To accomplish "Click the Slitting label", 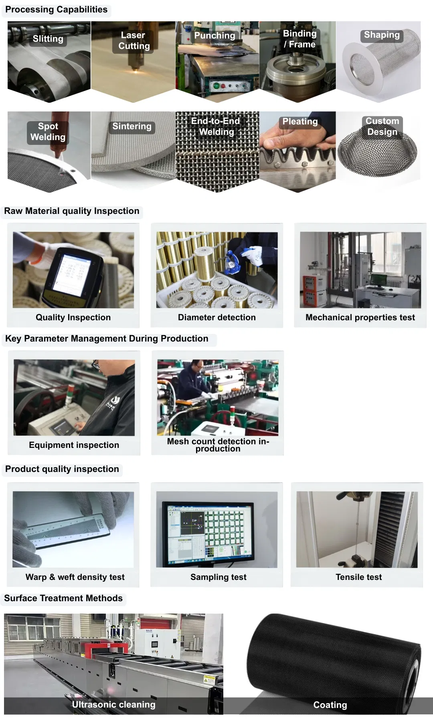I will (48, 39).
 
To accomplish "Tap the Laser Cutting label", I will (134, 41).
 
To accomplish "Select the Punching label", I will (214, 36).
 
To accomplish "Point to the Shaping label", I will (382, 35).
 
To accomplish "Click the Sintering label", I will (132, 126).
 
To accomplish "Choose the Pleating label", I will (300, 122).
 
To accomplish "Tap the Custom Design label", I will (382, 126).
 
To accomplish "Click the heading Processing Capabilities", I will (57, 10).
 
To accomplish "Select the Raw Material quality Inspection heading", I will (72, 211).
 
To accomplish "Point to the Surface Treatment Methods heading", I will (63, 598).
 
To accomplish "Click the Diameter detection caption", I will (217, 317).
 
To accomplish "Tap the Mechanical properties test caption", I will (360, 317).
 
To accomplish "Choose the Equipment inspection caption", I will (74, 445).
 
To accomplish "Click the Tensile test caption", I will (359, 577).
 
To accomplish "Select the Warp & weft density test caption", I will (75, 577).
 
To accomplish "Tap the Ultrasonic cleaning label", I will (113, 704).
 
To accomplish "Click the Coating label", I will (330, 705).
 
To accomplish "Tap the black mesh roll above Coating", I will (333, 658).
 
